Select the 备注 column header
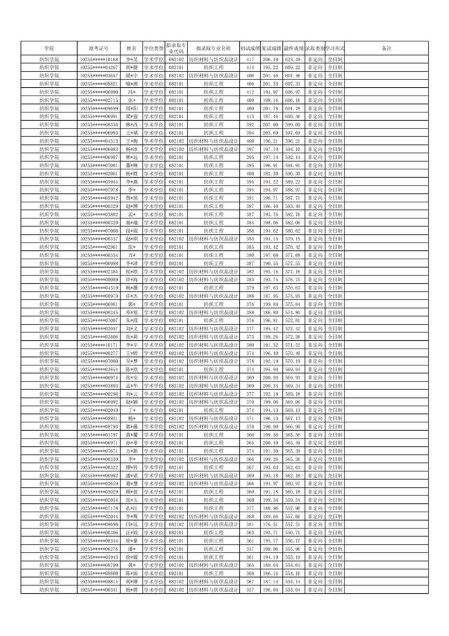point(385,48)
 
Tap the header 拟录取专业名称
point(213,48)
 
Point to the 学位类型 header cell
point(154,48)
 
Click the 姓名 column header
point(130,48)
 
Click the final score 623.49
point(293,60)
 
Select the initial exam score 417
point(250,60)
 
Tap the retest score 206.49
point(271,60)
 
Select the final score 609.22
point(293,67)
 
